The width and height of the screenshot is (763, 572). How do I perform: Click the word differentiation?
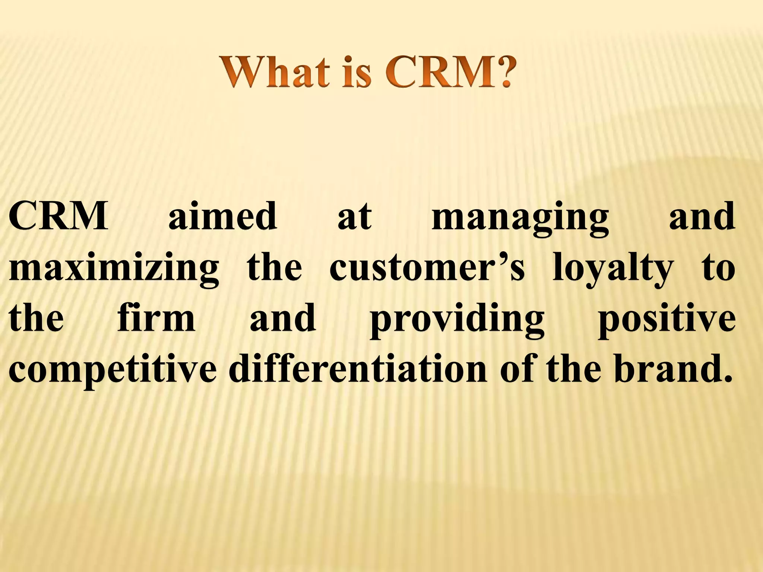coord(358,369)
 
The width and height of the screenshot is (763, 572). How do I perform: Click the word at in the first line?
coord(354,217)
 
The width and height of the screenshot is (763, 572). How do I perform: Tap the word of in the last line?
coord(519,369)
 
